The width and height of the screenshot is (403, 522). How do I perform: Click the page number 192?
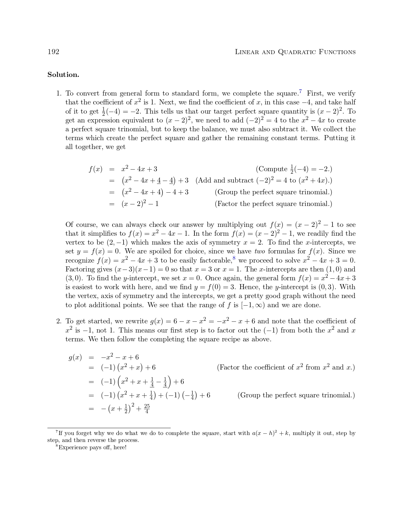pos(53,52)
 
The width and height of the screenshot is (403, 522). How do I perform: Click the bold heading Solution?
pos(63,75)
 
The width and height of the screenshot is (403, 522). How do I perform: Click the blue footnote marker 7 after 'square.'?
pos(300,92)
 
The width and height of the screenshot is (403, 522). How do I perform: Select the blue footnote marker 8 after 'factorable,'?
pos(234,258)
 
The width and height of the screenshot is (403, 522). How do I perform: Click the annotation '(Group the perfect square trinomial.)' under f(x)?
pos(273,192)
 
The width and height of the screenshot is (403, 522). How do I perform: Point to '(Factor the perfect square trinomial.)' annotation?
pos(273,204)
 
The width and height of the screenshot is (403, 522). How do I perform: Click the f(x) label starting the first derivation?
pos(95,170)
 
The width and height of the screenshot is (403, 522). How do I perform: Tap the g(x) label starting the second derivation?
pos(75,358)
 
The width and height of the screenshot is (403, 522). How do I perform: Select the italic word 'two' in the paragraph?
pos(260,252)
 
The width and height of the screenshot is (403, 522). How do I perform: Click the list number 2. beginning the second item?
pos(59,321)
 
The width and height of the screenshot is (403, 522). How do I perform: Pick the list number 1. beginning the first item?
pos(59,94)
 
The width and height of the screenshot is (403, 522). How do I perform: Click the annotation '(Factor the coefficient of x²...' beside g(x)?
pos(286,368)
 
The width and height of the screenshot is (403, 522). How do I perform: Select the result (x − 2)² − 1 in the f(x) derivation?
pos(140,204)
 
